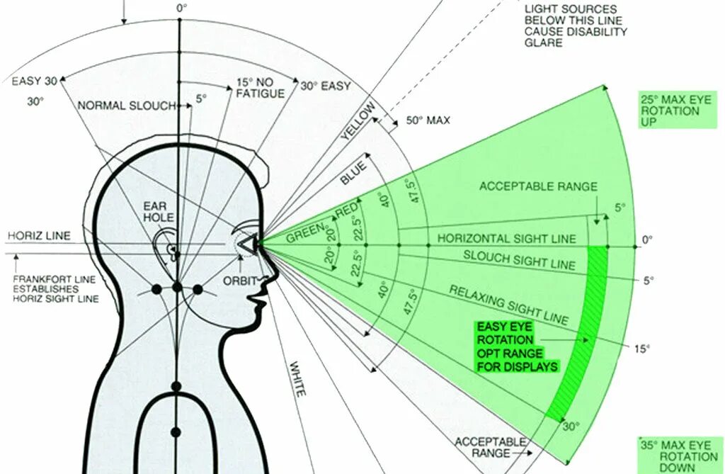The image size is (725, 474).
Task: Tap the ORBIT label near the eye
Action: (240, 281)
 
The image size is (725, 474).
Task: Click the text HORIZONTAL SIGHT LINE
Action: (506, 239)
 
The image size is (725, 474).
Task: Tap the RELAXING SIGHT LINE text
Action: (508, 305)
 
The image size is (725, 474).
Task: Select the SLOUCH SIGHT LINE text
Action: (519, 259)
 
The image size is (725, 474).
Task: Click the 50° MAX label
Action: (428, 120)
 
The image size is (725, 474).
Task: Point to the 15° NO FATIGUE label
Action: (260, 88)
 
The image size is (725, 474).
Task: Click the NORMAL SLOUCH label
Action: (127, 106)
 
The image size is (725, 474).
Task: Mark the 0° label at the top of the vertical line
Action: (182, 8)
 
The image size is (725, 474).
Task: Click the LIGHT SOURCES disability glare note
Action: (576, 26)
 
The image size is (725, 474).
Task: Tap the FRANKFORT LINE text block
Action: (56, 288)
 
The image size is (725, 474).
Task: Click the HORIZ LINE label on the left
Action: (39, 235)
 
